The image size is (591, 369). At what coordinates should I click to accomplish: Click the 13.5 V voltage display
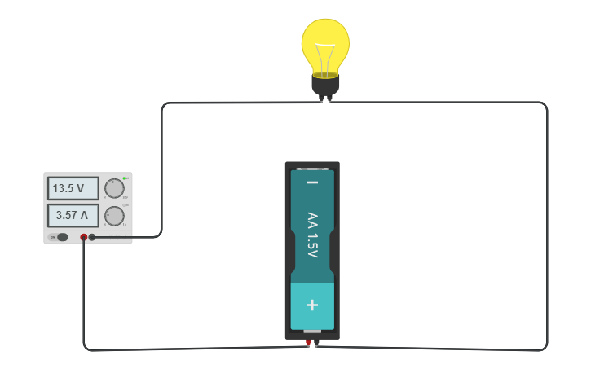click(73, 188)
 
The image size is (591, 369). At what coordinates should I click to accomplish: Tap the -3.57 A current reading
click(73, 216)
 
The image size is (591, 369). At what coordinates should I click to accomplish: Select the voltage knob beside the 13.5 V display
click(114, 188)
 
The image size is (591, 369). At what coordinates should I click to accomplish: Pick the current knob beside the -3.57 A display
click(114, 216)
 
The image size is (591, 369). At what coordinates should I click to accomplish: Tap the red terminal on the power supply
click(83, 237)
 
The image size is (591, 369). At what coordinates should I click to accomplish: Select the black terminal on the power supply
click(92, 237)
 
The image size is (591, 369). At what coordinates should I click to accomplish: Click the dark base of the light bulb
click(325, 84)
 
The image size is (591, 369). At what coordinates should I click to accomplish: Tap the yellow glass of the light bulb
click(325, 37)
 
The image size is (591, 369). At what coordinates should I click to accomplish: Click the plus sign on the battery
click(312, 305)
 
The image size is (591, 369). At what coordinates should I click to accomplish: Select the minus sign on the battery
click(312, 182)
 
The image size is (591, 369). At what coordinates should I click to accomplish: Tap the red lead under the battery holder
click(308, 343)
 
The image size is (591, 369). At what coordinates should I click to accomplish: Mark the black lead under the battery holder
click(316, 343)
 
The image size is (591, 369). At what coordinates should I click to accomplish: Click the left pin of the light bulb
click(320, 99)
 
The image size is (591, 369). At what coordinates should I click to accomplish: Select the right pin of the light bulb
click(329, 99)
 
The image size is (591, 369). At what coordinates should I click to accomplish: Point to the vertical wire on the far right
click(546, 228)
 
